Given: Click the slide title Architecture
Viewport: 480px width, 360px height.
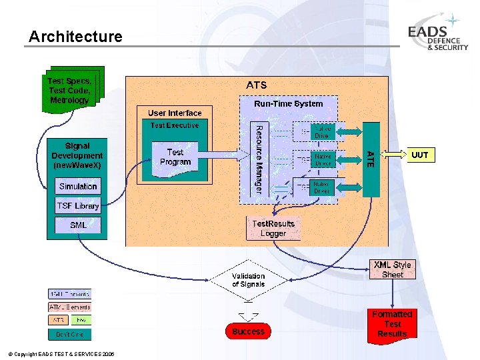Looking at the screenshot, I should pos(75,37).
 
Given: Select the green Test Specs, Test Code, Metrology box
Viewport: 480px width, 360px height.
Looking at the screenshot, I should pos(69,91).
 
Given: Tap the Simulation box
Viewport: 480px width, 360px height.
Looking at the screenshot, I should pos(78,187).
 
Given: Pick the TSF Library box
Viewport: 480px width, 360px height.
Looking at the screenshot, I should pos(78,206).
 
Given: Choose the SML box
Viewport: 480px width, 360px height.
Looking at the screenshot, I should pos(78,225).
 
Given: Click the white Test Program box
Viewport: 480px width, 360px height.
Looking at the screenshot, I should pos(175,157).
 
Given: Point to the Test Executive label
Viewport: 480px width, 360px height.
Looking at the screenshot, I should pos(175,125).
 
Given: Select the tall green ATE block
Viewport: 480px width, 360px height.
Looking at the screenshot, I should pos(371,159).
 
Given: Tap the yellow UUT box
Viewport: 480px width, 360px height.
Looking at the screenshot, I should pos(420,155).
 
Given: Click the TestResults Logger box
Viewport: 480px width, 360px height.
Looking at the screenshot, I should pos(273,229).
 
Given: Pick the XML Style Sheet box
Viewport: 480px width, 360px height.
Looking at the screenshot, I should pos(393,269).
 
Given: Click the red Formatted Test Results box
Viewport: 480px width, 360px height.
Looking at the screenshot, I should pos(392,324).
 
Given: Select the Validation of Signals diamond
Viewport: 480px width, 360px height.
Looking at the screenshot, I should pos(248,280).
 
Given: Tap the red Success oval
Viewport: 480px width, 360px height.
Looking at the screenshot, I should pos(249,331).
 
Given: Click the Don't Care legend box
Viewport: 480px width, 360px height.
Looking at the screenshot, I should pos(69,334).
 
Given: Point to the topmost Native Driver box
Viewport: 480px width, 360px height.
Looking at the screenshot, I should pos(323,132).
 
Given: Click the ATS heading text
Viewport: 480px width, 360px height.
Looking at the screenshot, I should pos(257,85).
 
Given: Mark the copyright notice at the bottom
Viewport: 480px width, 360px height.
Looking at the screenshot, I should pos(61,354).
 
